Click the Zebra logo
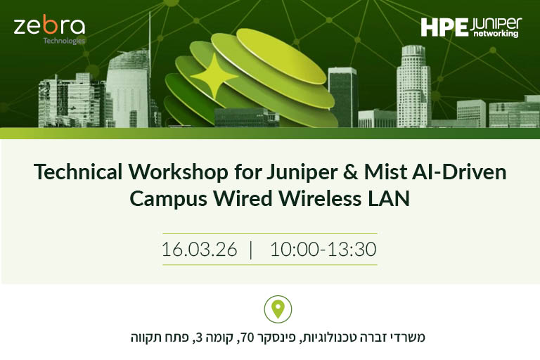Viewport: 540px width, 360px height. tap(49, 27)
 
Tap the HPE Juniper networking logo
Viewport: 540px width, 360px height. tap(470, 27)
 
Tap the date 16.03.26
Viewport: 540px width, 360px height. tap(199, 250)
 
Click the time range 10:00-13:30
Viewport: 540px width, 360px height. tap(323, 250)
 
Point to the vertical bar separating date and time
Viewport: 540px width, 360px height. tap(251, 250)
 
